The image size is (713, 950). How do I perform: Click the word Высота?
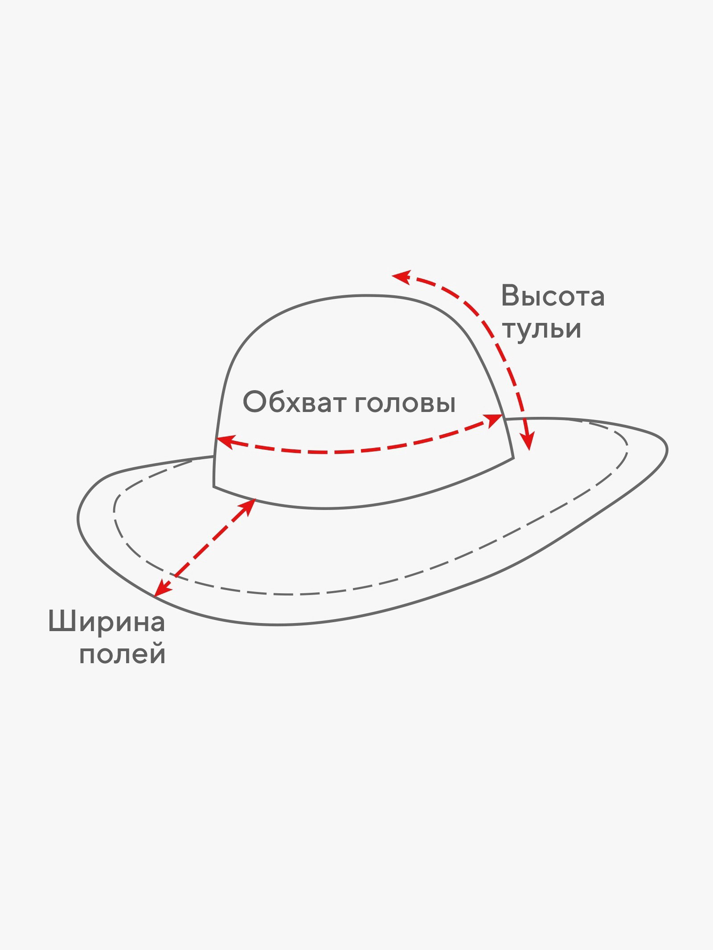point(553,296)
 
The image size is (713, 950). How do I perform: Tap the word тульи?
point(541,330)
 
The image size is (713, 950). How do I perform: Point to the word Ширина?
point(107,622)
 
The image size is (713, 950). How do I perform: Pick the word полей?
point(123,655)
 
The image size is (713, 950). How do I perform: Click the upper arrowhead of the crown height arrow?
point(401,277)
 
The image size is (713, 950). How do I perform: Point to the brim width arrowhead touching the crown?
point(248,506)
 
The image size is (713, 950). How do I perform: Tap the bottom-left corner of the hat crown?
point(214,486)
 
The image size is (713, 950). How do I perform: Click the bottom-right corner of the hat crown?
point(513,457)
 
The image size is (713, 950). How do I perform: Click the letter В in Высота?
point(510,296)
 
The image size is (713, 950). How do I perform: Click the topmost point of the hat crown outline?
point(365,295)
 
